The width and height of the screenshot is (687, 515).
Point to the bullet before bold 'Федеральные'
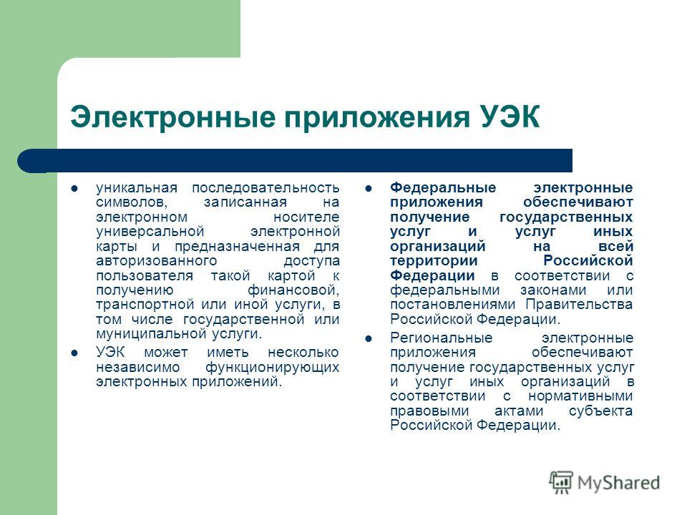pos(369,189)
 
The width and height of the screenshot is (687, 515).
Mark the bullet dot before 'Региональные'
pos(369,338)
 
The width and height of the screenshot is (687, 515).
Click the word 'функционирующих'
pos(272,368)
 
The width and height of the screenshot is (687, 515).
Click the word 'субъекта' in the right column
pos(602,411)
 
